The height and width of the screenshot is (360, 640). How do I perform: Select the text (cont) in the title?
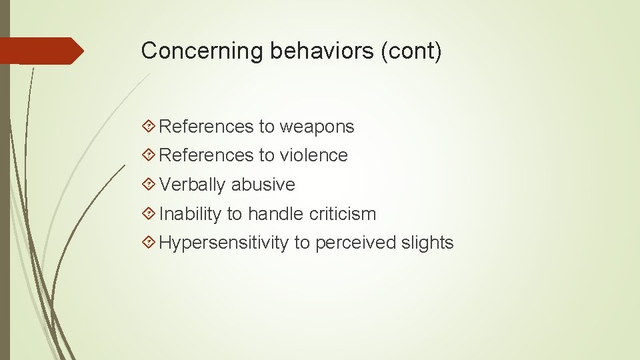coord(411,51)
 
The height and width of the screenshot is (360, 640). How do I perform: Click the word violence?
coord(313,155)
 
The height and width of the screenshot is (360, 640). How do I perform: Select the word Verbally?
coord(193,185)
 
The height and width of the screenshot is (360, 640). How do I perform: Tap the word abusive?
coord(263,185)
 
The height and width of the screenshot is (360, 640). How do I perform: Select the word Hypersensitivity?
coord(224,243)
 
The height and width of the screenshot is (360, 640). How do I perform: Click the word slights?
coord(427,243)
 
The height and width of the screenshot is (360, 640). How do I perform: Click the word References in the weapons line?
coord(207,127)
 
